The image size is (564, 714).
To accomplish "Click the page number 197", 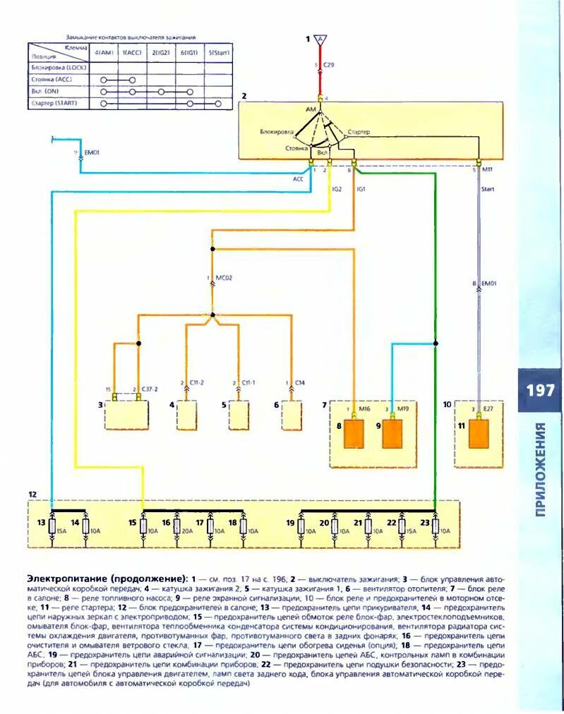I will click(x=540, y=390).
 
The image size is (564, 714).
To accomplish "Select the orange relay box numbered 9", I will click(x=395, y=433).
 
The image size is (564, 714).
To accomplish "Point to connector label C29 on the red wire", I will click(x=328, y=65).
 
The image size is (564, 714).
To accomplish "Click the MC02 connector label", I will click(x=224, y=277).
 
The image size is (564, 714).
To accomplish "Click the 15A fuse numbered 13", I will click(x=52, y=526).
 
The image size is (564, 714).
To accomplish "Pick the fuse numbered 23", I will click(x=435, y=526).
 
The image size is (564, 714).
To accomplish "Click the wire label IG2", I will click(x=337, y=188).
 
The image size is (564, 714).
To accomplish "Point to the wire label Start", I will click(x=488, y=188).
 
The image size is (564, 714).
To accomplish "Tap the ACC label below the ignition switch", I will click(x=298, y=179).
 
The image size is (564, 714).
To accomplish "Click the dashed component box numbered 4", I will click(x=188, y=415).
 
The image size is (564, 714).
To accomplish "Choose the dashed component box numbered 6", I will click(x=292, y=415).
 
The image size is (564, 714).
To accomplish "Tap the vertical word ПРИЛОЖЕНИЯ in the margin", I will click(x=540, y=469).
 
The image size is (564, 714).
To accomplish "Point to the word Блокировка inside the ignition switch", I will click(x=277, y=132).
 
